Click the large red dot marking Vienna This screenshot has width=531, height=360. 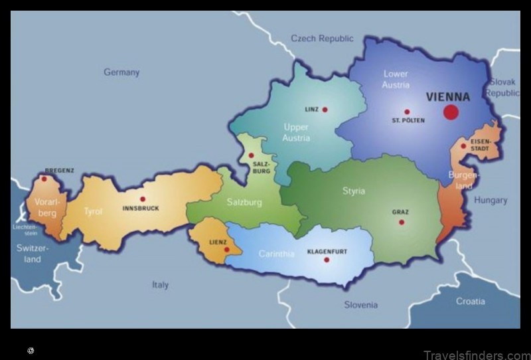pos(451,112)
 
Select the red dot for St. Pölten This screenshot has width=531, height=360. pos(407,112)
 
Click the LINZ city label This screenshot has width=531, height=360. pos(311,109)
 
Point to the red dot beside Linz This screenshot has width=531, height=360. pos(325,109)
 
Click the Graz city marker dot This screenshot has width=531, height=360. pos(401,222)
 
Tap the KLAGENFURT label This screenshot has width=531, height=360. pos(327,252)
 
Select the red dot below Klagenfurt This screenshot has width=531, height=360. pos(327,260)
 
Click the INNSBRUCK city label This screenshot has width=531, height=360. pos(141,209)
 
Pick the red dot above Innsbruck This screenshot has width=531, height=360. pos(142,199)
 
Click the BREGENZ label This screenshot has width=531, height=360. pos(59,171)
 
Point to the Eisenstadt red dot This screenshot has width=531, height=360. pos(463,146)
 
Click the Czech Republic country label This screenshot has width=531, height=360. pos(322,39)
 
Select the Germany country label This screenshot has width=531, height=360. pos(121,72)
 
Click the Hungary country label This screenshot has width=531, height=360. pos(491,200)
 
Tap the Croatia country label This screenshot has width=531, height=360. pos(470,301)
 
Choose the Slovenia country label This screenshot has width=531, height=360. pos(360,305)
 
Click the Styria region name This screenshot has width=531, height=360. pos(353,191)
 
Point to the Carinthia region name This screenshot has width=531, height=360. pos(276,254)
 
